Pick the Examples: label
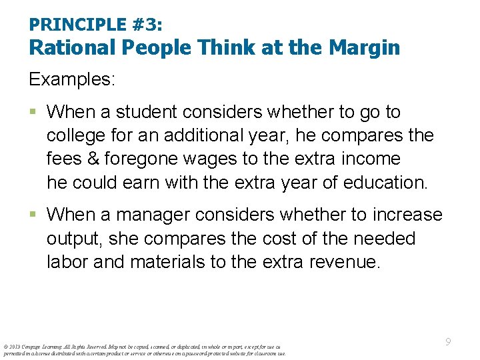coord(72,79)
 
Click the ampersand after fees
coord(92,159)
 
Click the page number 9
coord(448,342)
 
